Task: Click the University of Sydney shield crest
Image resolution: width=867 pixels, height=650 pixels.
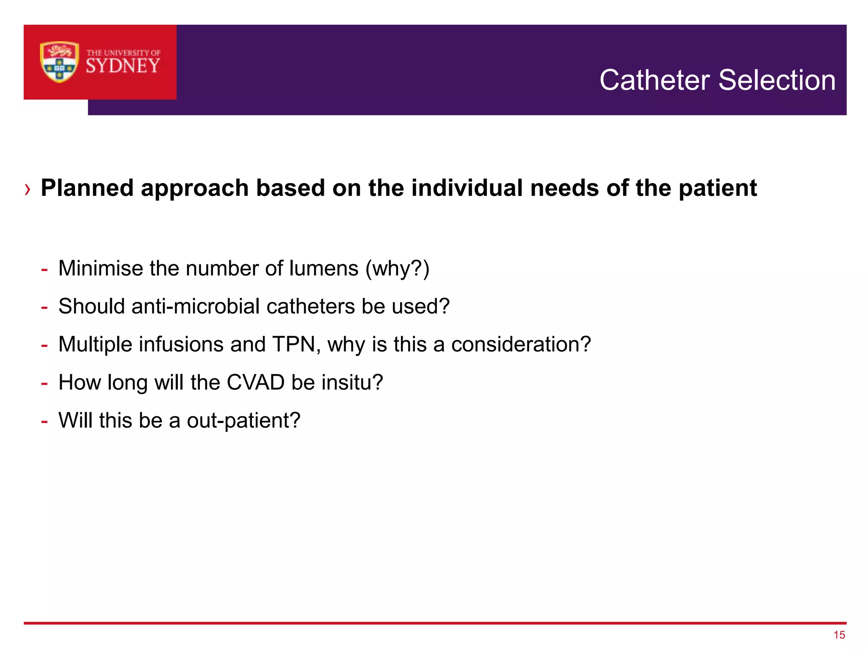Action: (x=59, y=62)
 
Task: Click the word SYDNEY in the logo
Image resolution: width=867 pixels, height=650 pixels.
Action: (x=123, y=66)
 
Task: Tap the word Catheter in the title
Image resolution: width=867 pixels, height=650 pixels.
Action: (x=654, y=80)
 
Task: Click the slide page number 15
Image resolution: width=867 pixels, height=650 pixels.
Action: (x=839, y=635)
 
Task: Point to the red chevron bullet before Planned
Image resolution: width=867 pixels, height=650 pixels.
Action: (x=28, y=189)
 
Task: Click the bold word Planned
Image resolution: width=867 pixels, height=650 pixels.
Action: (x=87, y=188)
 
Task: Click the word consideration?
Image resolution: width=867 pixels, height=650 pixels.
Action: (x=521, y=344)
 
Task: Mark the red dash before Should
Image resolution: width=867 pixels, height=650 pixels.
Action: (x=44, y=307)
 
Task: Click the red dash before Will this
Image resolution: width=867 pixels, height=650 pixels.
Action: (x=44, y=421)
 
